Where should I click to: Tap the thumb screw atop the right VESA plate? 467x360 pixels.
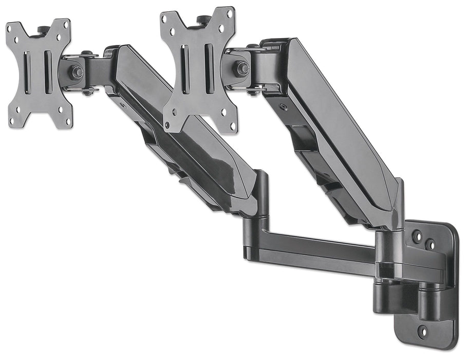click(x=202, y=20)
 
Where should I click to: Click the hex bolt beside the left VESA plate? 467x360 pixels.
click(x=77, y=72)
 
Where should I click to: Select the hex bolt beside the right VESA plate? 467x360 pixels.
click(x=242, y=68)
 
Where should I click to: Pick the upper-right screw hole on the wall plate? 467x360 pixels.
click(x=431, y=243)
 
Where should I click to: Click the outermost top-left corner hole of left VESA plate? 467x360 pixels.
click(x=15, y=26)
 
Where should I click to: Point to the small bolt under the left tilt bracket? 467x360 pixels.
click(x=88, y=92)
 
